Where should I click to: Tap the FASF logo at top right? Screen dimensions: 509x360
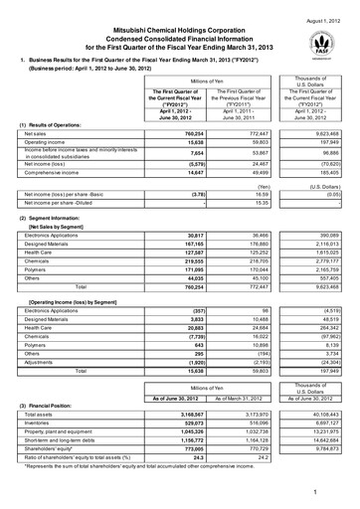(x=333, y=40)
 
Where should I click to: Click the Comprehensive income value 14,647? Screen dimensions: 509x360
(x=191, y=200)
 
